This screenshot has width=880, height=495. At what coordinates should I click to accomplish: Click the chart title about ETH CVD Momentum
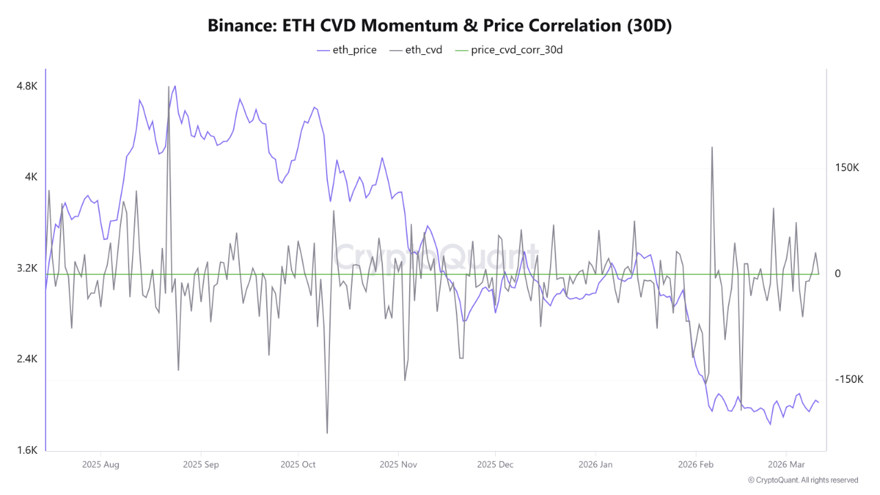pos(440,26)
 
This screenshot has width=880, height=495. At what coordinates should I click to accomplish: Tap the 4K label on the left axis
pos(32,177)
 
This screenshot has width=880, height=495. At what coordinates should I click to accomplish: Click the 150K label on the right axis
pos(848,168)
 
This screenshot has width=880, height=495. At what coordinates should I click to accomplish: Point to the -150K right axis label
pos(849,379)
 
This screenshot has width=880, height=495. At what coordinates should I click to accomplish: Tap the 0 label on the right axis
pos(837,274)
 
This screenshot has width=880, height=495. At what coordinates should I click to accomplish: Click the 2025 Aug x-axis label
pos(100,465)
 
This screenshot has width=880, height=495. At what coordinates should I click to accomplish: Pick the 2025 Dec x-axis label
pos(495,465)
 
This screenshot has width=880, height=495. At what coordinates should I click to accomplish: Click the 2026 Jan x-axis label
pos(596,465)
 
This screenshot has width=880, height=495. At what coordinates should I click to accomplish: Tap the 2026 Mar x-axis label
pos(786,465)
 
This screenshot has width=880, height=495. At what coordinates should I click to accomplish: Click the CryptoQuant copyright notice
pos(803,480)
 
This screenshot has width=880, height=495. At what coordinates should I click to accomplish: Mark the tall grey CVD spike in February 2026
pos(712,148)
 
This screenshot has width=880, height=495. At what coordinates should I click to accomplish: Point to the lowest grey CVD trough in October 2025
pos(327,432)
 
